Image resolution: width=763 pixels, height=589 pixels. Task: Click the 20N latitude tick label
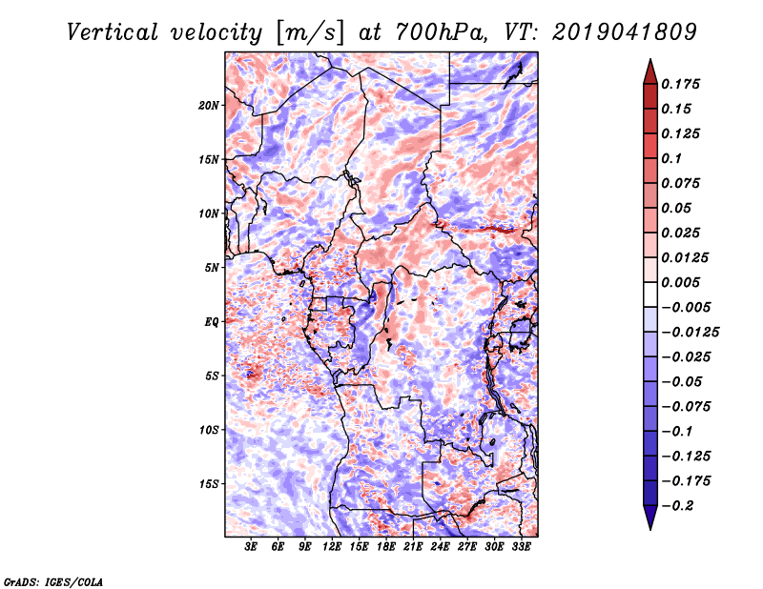pos(209,105)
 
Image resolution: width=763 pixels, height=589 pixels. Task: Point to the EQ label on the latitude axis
pos(212,321)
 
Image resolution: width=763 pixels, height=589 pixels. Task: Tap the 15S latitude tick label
pos(209,483)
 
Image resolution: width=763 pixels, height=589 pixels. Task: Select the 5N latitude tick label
pos(212,267)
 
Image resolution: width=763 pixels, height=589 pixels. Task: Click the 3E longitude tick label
pos(252,548)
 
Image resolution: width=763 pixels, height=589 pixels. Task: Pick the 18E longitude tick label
pos(386,548)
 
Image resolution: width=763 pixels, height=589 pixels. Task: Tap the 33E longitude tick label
pos(521,548)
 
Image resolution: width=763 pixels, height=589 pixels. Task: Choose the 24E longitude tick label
pos(441,548)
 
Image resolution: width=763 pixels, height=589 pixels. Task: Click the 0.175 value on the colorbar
pos(684,84)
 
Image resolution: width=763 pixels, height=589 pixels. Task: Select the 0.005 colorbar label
pos(684,282)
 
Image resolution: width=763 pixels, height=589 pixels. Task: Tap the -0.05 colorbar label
pos(685,381)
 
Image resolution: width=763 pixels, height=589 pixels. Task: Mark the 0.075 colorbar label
pos(684,183)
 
